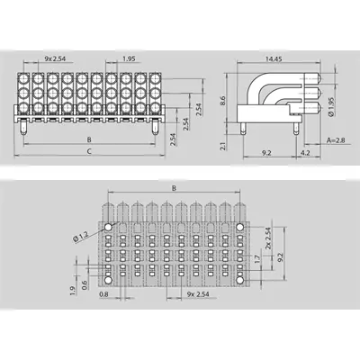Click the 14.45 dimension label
[x=274, y=59]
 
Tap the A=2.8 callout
[x=336, y=140]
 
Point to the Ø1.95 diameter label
[x=331, y=106]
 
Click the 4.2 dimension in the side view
[x=305, y=153]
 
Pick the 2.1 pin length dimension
[x=222, y=147]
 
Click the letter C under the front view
[x=89, y=151]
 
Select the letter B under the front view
[x=89, y=139]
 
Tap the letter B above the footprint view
[x=174, y=188]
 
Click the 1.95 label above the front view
[x=129, y=58]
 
